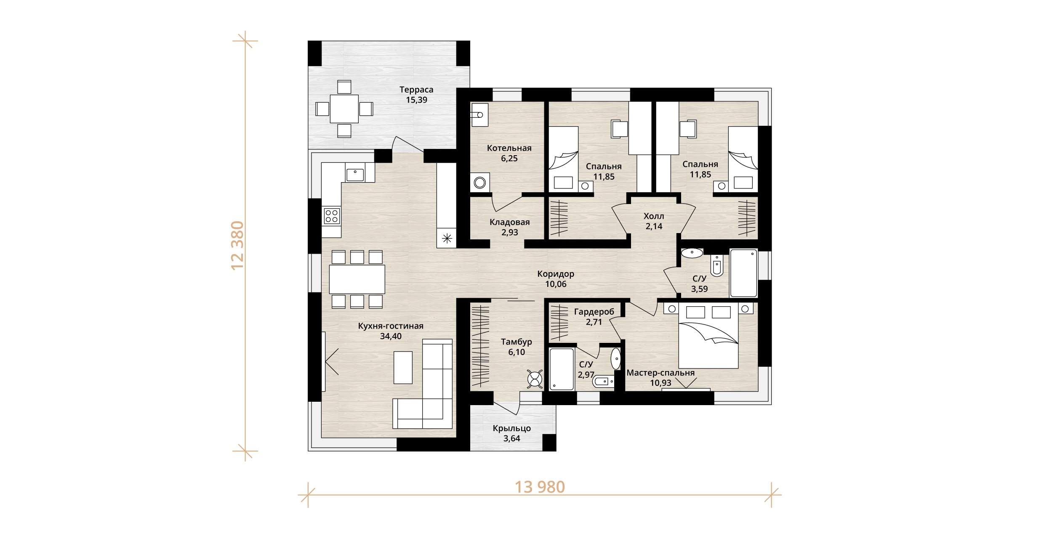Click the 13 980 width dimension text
[540, 487]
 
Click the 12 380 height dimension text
[238, 245]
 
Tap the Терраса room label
[416, 90]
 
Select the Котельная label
[509, 148]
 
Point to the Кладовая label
[509, 222]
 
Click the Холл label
[654, 216]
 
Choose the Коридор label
[556, 274]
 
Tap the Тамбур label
[517, 342]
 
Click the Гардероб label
[594, 312]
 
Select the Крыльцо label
[512, 428]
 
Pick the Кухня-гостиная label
[391, 326]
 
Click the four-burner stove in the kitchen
[332, 216]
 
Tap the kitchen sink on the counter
[355, 175]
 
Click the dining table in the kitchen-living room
[357, 279]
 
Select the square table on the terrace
[344, 109]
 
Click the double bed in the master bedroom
[708, 336]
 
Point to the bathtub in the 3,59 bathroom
[744, 273]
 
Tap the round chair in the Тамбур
[535, 379]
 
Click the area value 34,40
[391, 336]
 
